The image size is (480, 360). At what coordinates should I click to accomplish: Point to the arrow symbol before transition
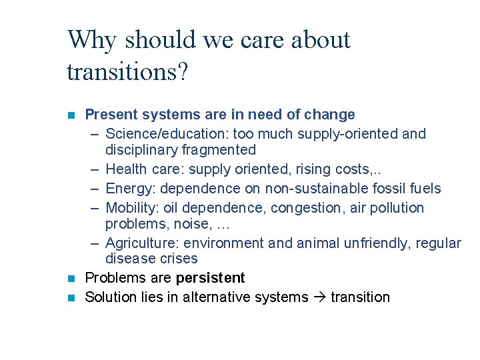[x=318, y=297]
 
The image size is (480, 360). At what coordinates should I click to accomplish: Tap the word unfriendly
[x=377, y=243]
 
